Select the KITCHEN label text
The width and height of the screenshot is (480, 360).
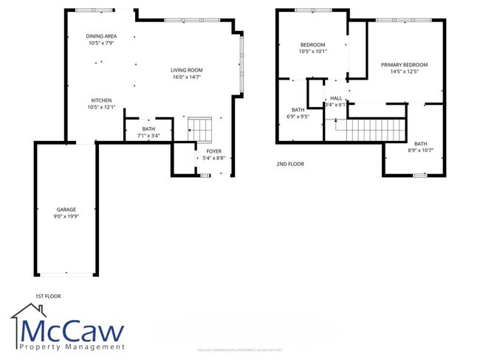(101, 100)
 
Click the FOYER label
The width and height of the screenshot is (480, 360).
(213, 152)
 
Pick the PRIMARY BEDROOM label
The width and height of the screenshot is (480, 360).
(404, 65)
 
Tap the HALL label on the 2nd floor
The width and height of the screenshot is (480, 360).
(336, 97)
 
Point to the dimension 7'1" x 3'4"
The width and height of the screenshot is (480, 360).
(148, 136)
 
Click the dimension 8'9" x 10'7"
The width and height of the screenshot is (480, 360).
(420, 150)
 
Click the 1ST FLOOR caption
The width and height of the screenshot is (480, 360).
(47, 296)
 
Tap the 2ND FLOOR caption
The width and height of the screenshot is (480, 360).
(289, 164)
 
